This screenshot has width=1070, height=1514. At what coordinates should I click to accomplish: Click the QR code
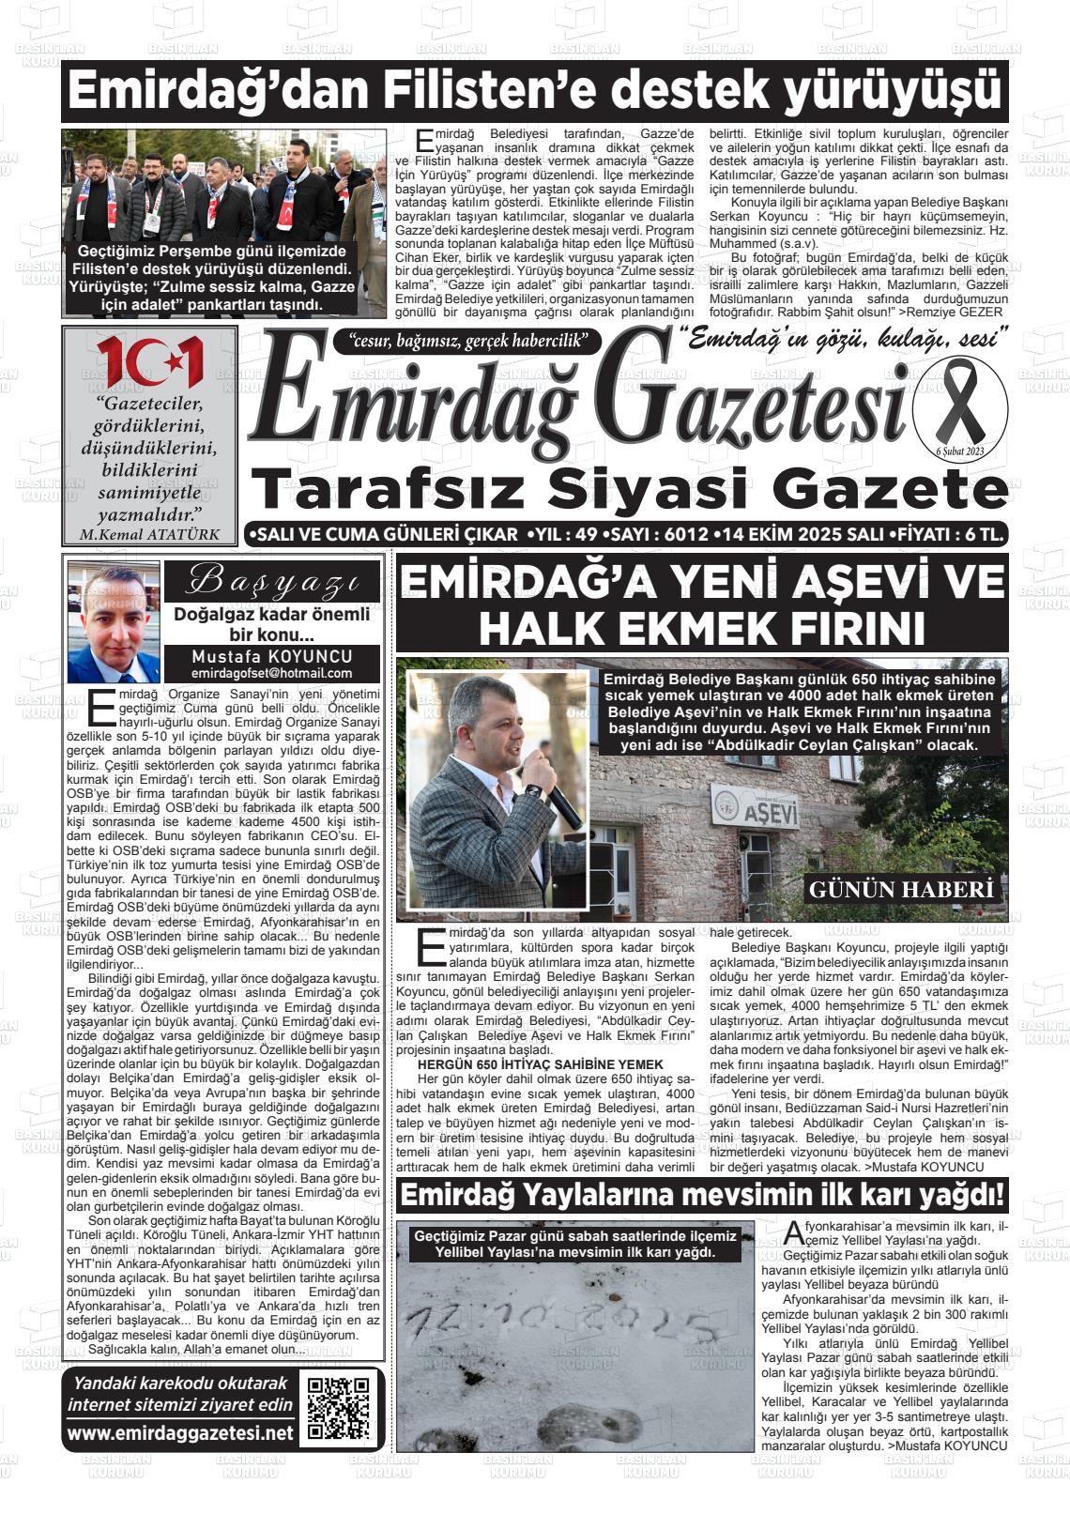(x=340, y=1408)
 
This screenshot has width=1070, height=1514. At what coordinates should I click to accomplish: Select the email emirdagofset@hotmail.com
(x=271, y=673)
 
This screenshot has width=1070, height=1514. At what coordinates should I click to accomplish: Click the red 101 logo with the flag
(x=150, y=360)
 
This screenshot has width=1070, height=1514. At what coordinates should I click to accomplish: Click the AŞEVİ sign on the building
(x=770, y=813)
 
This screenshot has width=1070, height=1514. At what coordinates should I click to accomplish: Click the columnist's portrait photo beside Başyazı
(x=114, y=622)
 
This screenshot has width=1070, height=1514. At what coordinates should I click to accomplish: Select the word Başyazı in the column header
(x=271, y=582)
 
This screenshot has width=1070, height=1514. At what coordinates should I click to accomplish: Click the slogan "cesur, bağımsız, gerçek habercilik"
(x=466, y=341)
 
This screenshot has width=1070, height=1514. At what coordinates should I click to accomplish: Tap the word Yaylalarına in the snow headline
(x=596, y=1196)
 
